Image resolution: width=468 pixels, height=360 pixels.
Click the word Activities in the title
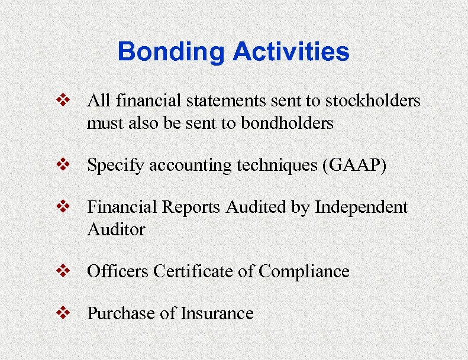tap(291, 52)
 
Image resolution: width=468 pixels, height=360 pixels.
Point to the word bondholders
tap(283, 123)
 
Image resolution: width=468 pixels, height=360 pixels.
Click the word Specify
tap(116, 166)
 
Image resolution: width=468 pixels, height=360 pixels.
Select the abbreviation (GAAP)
tap(354, 166)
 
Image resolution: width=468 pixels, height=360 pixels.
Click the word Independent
tap(361, 207)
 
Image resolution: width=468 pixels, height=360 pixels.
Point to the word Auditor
tap(116, 229)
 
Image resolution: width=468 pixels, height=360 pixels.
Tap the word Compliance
tap(304, 272)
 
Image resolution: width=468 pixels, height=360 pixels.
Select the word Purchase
tap(121, 313)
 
